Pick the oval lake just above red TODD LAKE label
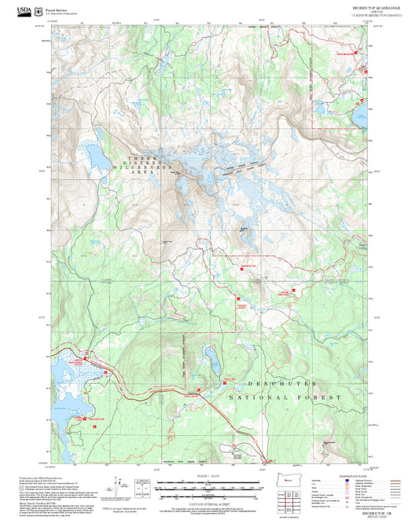pos(210,361)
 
